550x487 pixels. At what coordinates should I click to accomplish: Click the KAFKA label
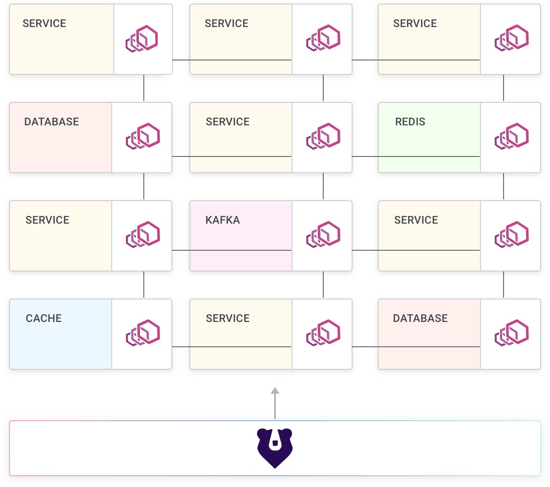pos(222,220)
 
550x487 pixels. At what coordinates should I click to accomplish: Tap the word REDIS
pos(410,122)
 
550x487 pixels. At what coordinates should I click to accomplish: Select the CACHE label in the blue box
pos(44,318)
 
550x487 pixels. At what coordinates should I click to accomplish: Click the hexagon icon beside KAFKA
pos(323,234)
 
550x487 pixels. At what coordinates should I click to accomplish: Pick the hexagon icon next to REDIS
pos(511,136)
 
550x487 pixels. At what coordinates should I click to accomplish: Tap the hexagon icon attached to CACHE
pos(143,333)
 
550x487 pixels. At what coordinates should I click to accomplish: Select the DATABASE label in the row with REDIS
pos(51,122)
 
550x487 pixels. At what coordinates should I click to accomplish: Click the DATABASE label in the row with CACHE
pos(420,318)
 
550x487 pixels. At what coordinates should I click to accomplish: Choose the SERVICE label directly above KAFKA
pos(228,122)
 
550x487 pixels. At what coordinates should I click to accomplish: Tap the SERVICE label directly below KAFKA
pos(228,318)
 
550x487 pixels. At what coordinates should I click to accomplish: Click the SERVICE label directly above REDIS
pos(415,23)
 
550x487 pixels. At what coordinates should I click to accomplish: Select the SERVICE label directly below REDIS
pos(416,220)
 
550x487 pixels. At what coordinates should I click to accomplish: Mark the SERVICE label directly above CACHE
pos(47,220)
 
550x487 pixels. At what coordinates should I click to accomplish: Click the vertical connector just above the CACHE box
pos(144,285)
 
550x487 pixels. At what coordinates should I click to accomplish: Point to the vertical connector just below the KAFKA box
pos(323,285)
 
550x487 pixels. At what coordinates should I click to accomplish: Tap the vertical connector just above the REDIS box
pos(504,88)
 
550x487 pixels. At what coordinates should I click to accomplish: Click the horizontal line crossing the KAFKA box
pos(232,250)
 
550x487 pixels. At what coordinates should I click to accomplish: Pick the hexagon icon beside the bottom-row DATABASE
pos(511,333)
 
